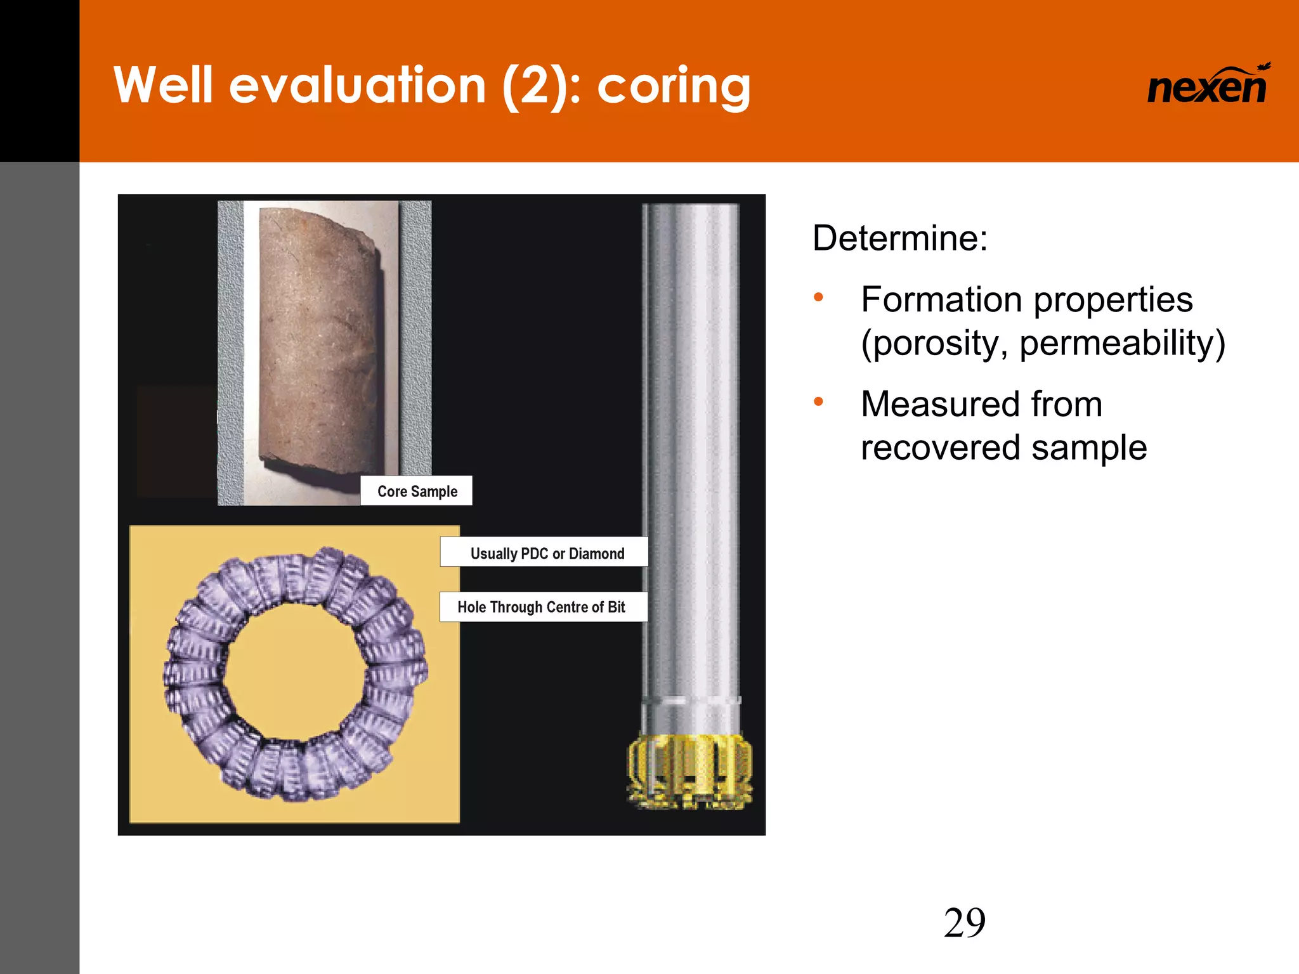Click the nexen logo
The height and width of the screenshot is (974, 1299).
click(1207, 86)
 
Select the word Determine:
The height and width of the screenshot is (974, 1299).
click(899, 238)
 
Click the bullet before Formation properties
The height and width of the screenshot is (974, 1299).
click(818, 297)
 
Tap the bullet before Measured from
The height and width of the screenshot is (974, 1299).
click(818, 401)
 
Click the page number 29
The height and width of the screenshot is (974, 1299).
click(964, 923)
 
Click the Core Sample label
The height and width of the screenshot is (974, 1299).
click(417, 491)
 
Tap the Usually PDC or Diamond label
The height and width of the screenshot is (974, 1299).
click(547, 554)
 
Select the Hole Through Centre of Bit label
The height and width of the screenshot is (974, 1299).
click(541, 607)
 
